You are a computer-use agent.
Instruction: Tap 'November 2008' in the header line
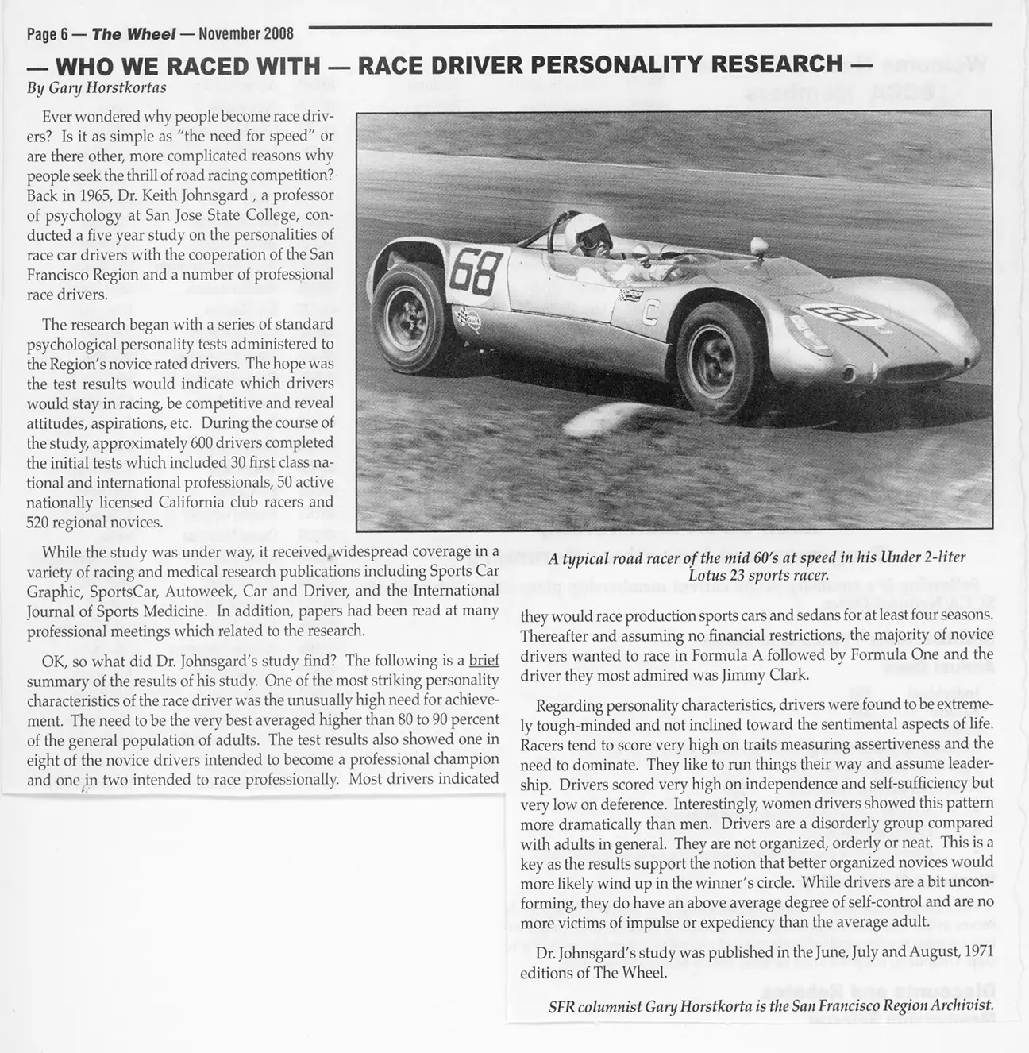tap(246, 34)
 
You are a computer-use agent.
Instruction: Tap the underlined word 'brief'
tap(484, 661)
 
